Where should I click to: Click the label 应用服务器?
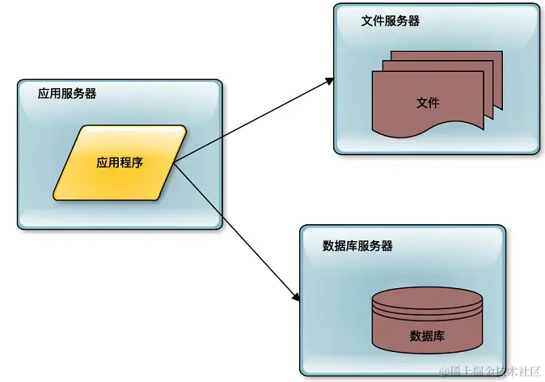click(x=67, y=93)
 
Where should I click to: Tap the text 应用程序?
click(x=120, y=162)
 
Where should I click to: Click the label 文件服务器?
click(x=391, y=21)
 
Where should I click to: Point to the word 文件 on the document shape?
click(x=428, y=103)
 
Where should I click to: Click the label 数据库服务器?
click(x=357, y=245)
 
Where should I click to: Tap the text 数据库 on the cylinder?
click(x=427, y=335)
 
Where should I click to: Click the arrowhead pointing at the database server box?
click(x=296, y=299)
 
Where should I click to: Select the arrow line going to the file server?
click(x=251, y=121)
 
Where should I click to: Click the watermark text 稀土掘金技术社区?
click(x=495, y=371)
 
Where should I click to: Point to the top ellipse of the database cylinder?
click(x=427, y=300)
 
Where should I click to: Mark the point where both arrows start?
click(x=174, y=162)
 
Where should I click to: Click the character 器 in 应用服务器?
click(x=91, y=93)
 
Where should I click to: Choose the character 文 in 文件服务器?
click(x=367, y=21)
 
